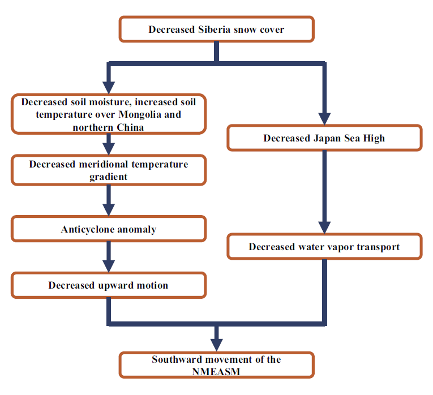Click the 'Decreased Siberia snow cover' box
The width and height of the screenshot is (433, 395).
click(x=216, y=29)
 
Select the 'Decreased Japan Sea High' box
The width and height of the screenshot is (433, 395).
click(x=324, y=138)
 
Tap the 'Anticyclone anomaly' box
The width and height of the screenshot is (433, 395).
click(x=109, y=229)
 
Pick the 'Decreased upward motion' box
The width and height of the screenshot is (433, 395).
click(x=109, y=285)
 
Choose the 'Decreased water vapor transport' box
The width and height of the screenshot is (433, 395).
click(x=324, y=247)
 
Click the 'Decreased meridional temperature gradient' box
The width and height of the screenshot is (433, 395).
click(x=109, y=170)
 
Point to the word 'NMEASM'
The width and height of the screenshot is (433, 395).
click(x=216, y=372)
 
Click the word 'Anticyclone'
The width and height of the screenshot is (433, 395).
click(x=87, y=229)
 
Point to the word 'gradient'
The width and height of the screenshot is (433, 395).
click(x=108, y=177)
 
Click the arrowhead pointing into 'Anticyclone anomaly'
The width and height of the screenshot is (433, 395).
click(x=109, y=210)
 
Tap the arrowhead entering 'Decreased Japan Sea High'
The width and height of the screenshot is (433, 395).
click(x=324, y=119)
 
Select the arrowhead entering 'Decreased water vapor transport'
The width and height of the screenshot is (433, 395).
click(x=324, y=227)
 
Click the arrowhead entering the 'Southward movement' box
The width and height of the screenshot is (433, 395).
click(x=216, y=345)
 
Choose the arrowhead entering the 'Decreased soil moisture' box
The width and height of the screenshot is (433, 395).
click(x=109, y=88)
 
